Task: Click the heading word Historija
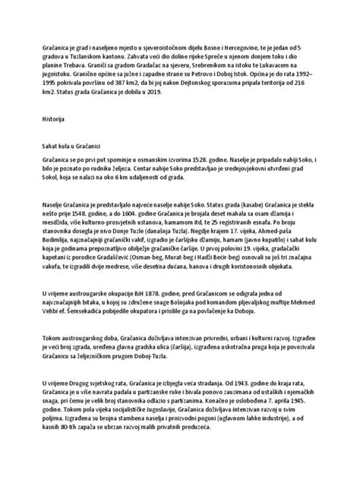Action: tap(52, 120)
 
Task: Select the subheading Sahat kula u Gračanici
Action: tap(75, 144)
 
